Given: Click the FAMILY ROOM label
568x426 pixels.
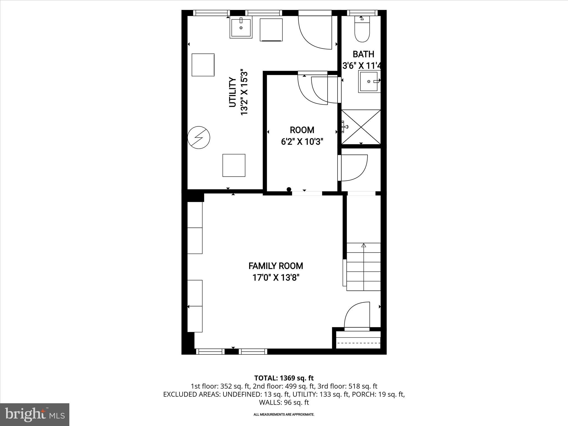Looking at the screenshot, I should (x=275, y=266).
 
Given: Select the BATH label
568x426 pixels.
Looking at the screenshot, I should (x=363, y=54).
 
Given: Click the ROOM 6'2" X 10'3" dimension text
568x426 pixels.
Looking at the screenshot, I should (x=302, y=142).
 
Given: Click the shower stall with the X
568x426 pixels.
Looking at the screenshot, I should (x=361, y=127).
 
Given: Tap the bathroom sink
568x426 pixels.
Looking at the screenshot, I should (x=369, y=81).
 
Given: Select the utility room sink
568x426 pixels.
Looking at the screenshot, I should (x=241, y=28).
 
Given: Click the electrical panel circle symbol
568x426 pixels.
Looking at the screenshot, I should (x=199, y=138).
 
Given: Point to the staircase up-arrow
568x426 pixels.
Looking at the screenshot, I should (x=364, y=245).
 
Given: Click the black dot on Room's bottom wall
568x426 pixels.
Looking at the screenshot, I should (x=289, y=189).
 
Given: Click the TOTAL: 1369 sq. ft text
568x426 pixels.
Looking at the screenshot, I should (x=284, y=378).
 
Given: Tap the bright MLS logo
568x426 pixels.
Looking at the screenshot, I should (x=35, y=414).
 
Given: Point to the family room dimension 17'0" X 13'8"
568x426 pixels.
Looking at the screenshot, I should (x=276, y=278).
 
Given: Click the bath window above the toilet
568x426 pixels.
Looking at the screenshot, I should (x=362, y=12).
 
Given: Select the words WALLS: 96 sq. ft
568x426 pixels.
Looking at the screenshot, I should (x=284, y=402).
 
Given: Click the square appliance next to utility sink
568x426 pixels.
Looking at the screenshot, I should (x=271, y=30).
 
